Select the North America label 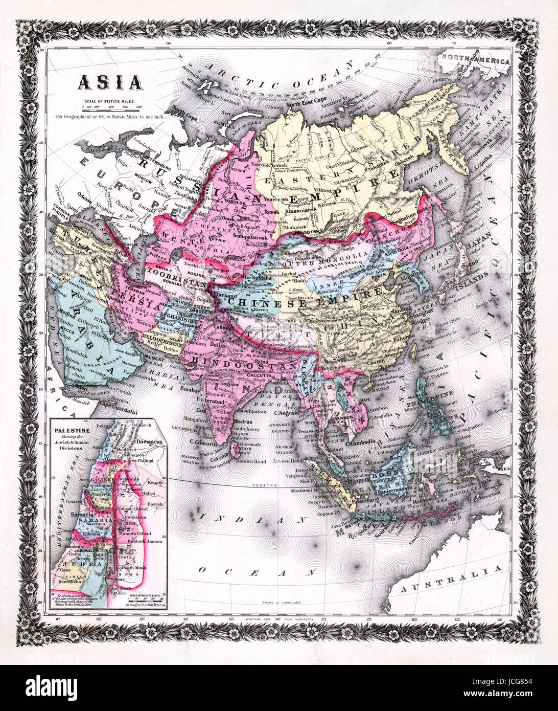click(476, 60)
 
